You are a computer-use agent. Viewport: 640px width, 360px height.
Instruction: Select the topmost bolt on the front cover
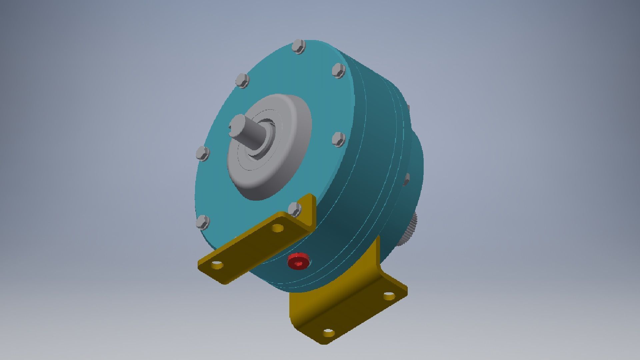299,46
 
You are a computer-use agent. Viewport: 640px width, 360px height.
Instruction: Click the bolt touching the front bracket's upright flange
294,209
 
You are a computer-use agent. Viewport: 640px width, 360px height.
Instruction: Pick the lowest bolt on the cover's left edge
203,222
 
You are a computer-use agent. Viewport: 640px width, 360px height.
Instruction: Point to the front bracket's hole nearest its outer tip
217,265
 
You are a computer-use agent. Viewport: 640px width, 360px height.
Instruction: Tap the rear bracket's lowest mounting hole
328,333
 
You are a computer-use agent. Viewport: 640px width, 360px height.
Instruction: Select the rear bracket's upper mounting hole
389,296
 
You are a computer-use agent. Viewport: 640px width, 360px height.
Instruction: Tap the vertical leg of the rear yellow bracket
377,263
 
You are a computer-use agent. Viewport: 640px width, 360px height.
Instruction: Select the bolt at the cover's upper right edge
339,71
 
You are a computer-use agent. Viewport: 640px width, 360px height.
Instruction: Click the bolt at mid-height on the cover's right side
339,139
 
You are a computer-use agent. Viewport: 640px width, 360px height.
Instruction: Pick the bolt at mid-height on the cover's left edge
202,153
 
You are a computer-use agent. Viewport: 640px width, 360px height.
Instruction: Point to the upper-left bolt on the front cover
242,81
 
